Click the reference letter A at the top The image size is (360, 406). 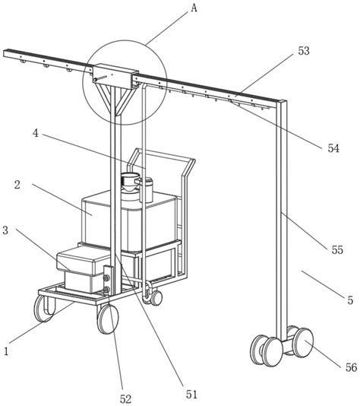(x=194, y=8)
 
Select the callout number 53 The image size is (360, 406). (x=304, y=51)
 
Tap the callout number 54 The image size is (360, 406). (x=333, y=148)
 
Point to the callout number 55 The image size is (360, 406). (x=337, y=249)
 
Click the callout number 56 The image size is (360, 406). (x=351, y=367)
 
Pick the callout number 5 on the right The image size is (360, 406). (x=350, y=300)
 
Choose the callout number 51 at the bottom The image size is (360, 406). (x=191, y=395)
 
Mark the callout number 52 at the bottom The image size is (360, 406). (x=125, y=399)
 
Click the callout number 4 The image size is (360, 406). (x=36, y=133)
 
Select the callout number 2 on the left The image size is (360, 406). (x=17, y=185)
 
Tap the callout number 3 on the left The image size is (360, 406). (x=5, y=230)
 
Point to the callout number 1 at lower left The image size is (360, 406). (x=6, y=351)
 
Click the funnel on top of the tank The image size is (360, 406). (x=129, y=182)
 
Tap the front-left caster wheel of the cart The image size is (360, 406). (x=45, y=309)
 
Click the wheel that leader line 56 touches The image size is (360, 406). (x=303, y=343)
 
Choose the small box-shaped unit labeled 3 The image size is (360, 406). (x=82, y=269)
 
